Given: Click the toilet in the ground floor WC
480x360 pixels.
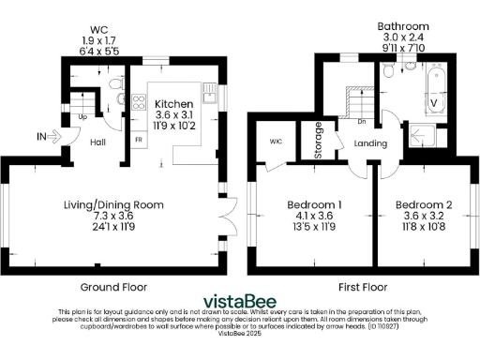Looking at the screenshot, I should [x=113, y=85].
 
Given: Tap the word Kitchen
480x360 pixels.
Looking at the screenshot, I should [x=173, y=103].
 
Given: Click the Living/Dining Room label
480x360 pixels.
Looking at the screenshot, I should [x=123, y=203].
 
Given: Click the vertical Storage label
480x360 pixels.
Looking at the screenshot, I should [x=321, y=140].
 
